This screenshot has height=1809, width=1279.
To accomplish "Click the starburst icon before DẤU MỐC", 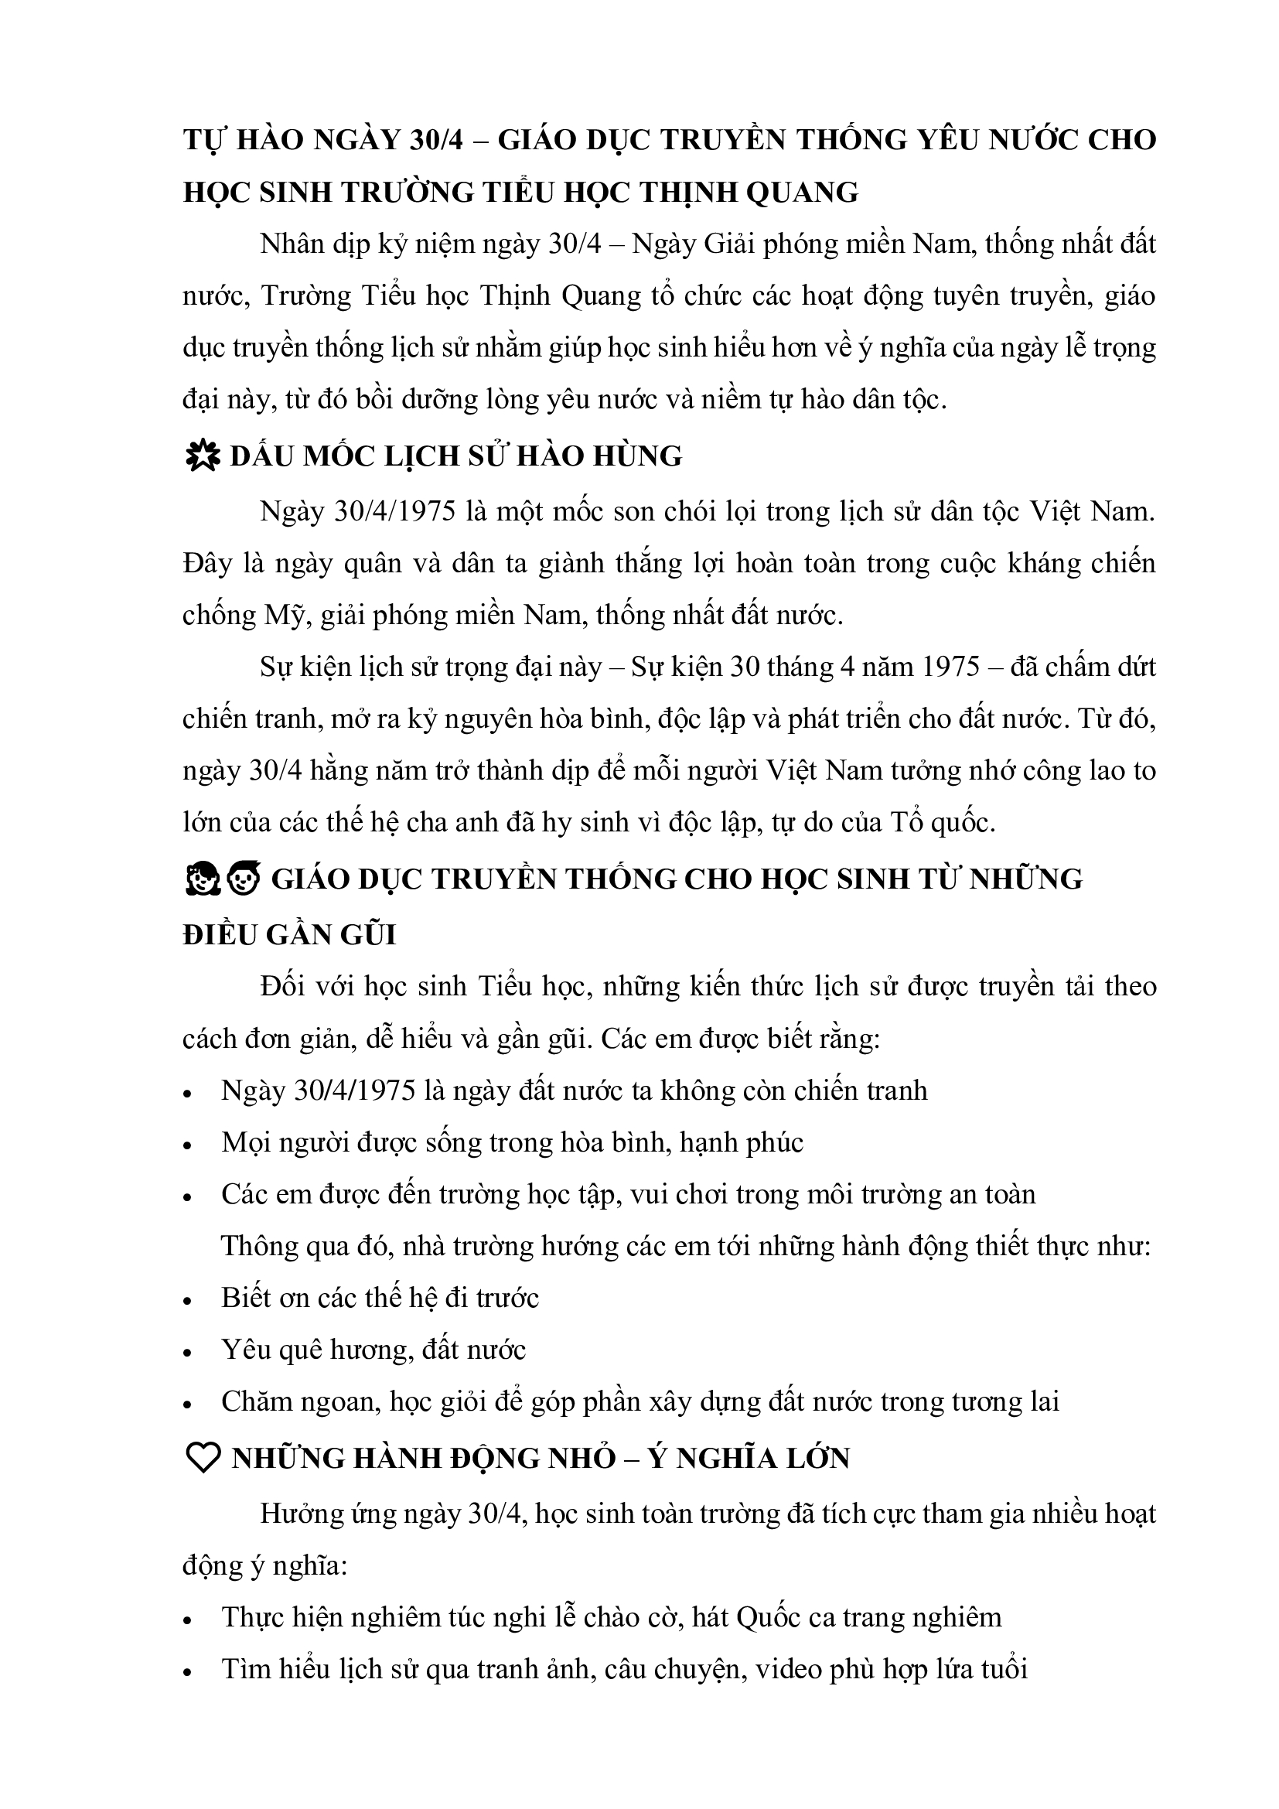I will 202,457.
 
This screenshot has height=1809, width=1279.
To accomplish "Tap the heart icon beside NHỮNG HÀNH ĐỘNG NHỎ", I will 202,1459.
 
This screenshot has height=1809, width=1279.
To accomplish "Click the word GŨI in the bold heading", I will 368,934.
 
